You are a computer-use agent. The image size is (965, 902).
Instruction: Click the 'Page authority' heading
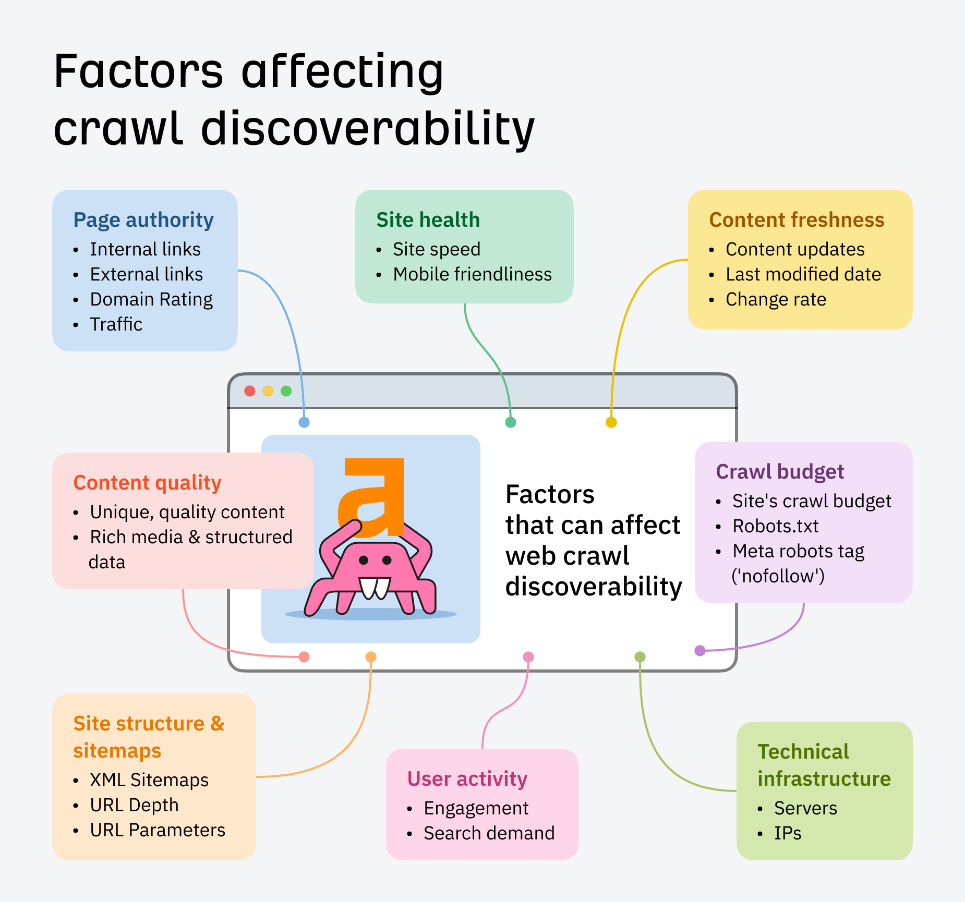143,220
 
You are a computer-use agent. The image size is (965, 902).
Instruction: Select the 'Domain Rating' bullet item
151,299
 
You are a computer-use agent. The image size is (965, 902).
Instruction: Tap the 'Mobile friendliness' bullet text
472,274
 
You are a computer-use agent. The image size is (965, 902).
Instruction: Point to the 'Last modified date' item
803,274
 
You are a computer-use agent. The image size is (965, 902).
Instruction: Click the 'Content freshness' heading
797,220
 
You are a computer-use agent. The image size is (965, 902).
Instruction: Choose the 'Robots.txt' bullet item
775,526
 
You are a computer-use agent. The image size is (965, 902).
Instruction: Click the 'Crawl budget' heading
780,472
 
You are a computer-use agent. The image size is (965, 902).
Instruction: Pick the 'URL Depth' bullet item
134,805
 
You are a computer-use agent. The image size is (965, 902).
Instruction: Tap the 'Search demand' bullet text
489,833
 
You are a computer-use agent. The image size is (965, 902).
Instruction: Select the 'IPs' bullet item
788,833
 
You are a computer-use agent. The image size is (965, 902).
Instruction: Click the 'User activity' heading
467,779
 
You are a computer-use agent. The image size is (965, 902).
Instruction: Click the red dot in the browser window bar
250,391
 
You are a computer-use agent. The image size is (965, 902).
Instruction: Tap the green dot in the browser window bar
286,391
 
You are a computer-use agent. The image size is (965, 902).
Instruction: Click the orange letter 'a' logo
375,495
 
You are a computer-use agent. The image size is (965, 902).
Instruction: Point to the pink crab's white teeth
375,588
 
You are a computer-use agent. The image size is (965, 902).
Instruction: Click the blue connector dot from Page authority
304,422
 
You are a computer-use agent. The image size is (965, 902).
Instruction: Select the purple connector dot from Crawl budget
700,650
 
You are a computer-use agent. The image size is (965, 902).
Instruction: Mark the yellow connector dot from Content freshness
611,422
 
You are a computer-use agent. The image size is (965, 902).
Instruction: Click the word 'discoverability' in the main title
368,129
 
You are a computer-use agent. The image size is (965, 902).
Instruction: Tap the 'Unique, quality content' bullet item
187,512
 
